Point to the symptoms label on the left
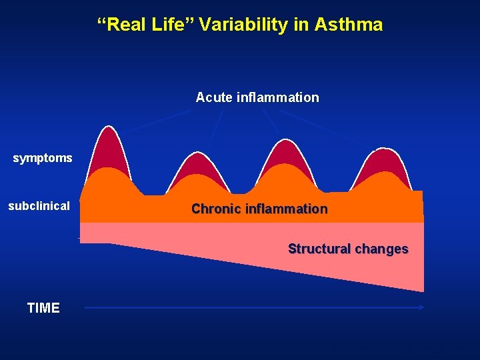point(43,159)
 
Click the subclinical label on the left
point(39,206)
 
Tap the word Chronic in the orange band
point(215,209)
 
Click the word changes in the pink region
point(381,249)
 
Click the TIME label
point(43,308)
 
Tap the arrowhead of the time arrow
point(421,307)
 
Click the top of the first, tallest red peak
point(105,127)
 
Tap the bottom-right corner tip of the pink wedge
point(423,291)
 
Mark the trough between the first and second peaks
point(153,195)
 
